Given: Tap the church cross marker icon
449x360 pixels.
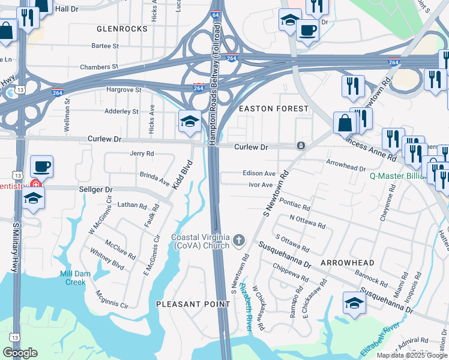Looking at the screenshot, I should click(x=239, y=241).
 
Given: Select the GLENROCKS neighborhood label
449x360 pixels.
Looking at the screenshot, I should click(x=122, y=29).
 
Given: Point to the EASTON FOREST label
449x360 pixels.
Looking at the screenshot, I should click(x=273, y=109).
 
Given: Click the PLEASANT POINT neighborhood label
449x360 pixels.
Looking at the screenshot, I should click(x=193, y=304).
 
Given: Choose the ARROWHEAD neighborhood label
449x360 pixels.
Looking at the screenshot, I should click(x=348, y=263).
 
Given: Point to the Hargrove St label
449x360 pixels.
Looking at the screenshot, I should click(x=123, y=89).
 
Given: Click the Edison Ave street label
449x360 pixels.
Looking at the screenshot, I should click(x=259, y=173).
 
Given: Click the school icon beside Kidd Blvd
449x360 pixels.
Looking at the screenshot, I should click(x=189, y=121).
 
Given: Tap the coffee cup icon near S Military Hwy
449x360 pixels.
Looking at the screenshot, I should click(x=41, y=166).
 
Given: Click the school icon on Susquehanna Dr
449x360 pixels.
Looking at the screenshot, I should click(x=354, y=304).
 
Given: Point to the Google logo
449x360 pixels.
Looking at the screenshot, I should click(x=20, y=353).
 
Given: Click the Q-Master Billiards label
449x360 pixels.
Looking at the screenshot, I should click(x=408, y=176).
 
